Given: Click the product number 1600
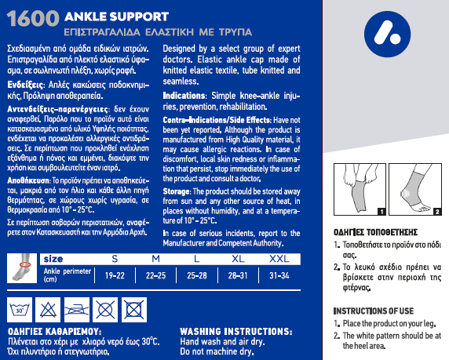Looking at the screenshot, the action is tap(33, 19).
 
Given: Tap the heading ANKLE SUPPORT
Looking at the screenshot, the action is tap(116, 16).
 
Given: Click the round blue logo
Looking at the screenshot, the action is tap(387, 34).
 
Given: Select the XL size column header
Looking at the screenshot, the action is tap(238, 259).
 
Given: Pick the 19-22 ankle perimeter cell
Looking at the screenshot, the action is tap(115, 275).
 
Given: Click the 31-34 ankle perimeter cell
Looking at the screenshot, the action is tap(279, 275).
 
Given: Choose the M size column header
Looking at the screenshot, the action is tap(155, 259).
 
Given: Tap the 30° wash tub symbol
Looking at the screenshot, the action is tap(20, 310).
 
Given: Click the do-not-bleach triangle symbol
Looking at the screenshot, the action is tap(48, 310).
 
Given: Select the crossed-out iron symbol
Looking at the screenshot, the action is tap(77, 310).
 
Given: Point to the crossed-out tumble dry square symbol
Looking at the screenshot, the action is tap(134, 310).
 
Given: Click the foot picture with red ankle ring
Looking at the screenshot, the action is tap(22, 268).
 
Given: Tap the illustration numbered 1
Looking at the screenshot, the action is tap(360, 190).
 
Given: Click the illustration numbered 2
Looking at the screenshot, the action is tap(415, 190).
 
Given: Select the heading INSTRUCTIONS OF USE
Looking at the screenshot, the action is tap(374, 311).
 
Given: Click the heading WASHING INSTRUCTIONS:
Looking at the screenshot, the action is tap(236, 332).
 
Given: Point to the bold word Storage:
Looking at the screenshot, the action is tap(177, 191).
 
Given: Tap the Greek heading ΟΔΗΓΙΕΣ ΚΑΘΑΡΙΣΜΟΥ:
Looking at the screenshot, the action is tap(54, 332).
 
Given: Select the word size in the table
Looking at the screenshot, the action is tap(53, 260).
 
